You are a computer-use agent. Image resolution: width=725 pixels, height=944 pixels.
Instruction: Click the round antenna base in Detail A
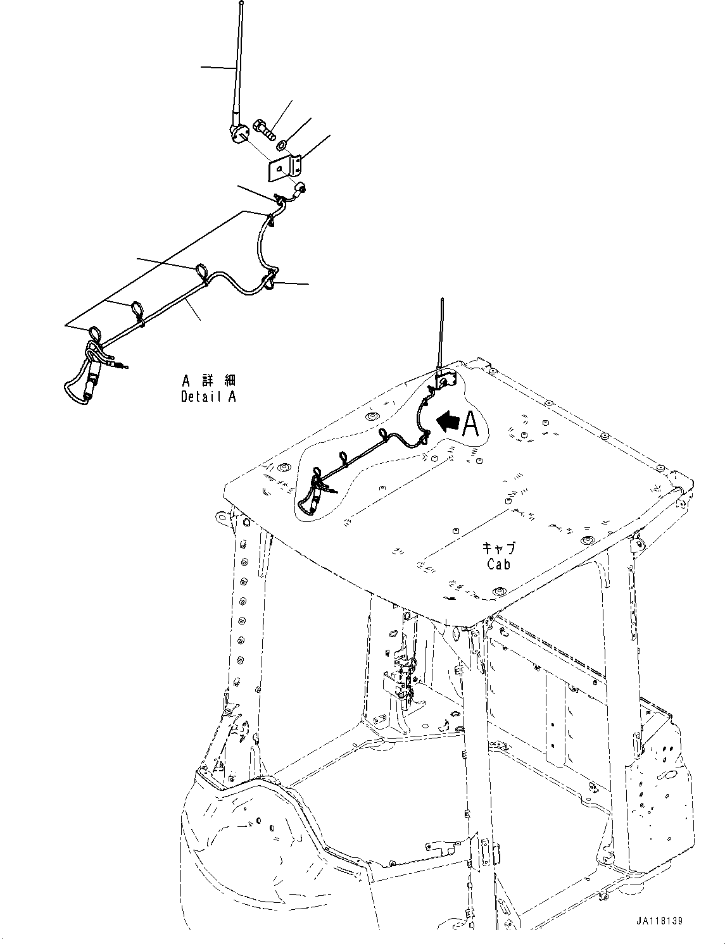coord(238,135)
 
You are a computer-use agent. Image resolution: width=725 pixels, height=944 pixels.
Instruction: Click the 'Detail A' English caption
coord(208,397)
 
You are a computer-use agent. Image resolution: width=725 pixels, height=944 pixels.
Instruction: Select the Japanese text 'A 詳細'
coord(208,381)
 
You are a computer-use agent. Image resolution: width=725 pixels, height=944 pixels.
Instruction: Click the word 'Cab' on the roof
coord(499,563)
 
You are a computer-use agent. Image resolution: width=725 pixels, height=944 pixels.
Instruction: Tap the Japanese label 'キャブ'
coord(499,548)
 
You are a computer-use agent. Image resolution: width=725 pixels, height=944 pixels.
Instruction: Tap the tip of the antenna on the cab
coord(442,300)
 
